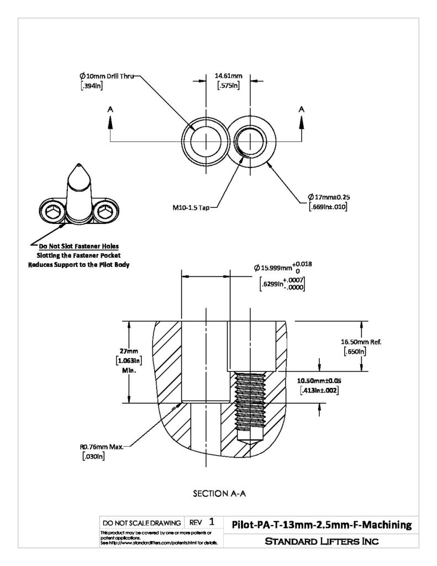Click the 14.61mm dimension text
click(x=228, y=76)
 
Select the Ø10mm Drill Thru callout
click(x=107, y=76)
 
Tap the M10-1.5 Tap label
click(x=191, y=208)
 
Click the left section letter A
click(x=110, y=109)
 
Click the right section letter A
click(x=302, y=109)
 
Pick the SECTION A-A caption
click(x=219, y=494)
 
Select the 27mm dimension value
click(x=129, y=351)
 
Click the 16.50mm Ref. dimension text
click(x=361, y=342)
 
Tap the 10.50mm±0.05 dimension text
click(x=319, y=380)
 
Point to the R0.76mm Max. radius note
click(x=102, y=447)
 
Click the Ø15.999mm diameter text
click(x=273, y=268)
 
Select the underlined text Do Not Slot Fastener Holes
click(x=78, y=246)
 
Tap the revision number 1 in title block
click(x=212, y=522)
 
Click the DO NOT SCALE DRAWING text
click(x=142, y=523)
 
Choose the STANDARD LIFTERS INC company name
click(x=322, y=541)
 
